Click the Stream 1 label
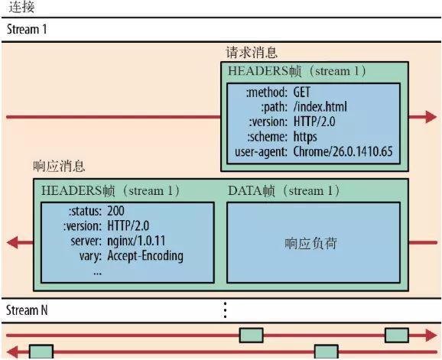[x=27, y=29]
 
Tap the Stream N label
[x=28, y=310]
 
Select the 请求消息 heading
[x=251, y=54]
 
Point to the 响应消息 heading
[x=60, y=167]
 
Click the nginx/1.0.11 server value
[x=137, y=241]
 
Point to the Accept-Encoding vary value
[x=145, y=255]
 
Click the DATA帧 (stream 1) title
[x=285, y=190]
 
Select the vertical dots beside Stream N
[x=226, y=310]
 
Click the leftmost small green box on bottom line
[x=41, y=352]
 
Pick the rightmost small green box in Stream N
[x=396, y=335]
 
